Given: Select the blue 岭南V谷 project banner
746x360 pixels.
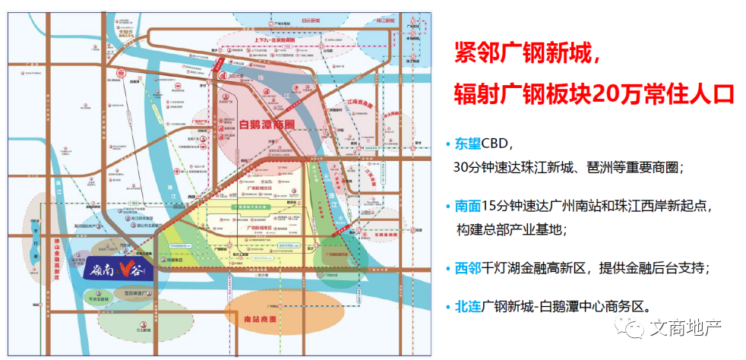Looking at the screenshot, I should (x=113, y=270).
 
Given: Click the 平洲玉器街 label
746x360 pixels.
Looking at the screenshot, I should (x=100, y=300).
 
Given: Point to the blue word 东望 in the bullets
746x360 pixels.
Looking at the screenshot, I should (x=467, y=144).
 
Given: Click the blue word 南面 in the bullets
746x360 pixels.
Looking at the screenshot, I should (x=467, y=205).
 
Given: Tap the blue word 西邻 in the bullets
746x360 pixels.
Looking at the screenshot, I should (x=467, y=267).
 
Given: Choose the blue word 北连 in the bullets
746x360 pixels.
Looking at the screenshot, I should (x=467, y=307).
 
